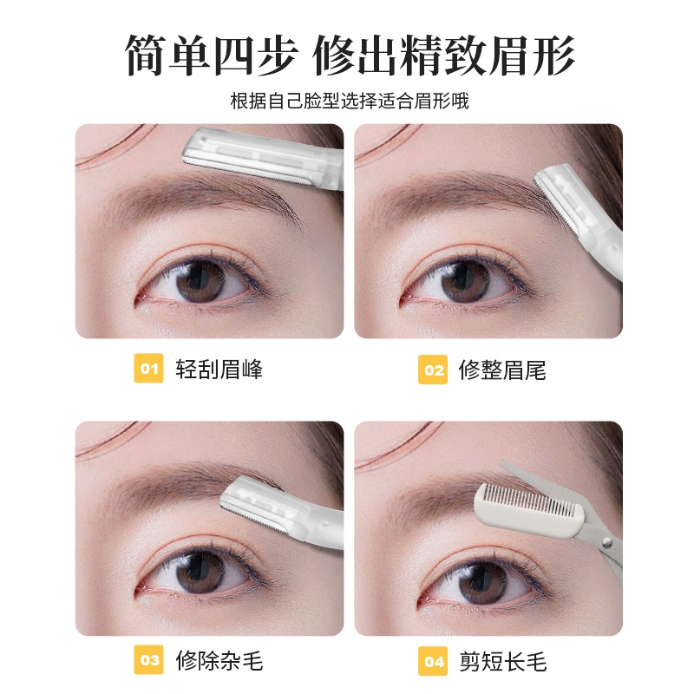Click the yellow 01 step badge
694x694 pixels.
149,370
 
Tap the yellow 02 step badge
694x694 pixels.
432,370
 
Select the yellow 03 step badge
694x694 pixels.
149,661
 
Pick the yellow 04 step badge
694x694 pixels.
432,661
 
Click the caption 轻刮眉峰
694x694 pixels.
219,370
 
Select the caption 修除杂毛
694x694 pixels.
219,661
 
